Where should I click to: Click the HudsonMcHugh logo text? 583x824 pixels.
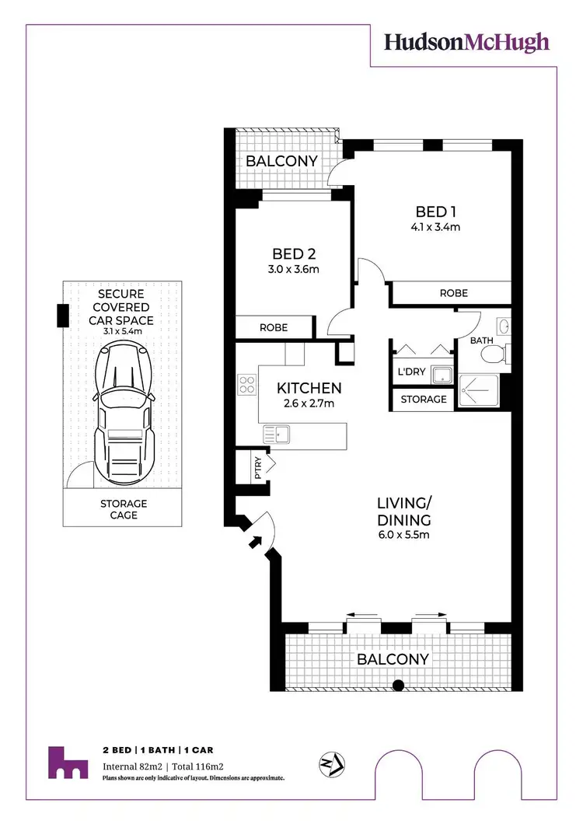click(466, 42)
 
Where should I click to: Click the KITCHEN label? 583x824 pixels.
click(309, 388)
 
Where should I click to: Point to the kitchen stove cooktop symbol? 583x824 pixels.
click(247, 384)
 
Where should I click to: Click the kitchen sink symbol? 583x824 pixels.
click(276, 434)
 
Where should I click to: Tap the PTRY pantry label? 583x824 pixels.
click(258, 467)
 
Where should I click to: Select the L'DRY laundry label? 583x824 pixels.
click(411, 372)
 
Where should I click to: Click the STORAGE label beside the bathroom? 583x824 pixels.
click(424, 400)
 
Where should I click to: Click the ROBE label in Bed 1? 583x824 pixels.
click(453, 293)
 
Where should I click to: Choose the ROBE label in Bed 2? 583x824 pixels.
click(273, 327)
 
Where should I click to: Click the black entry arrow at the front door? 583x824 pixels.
click(254, 542)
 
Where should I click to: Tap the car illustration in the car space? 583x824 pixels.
click(123, 412)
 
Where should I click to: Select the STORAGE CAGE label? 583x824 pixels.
click(123, 509)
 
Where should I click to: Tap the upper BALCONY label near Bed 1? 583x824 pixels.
click(282, 161)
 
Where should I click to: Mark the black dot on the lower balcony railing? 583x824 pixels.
click(398, 685)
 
